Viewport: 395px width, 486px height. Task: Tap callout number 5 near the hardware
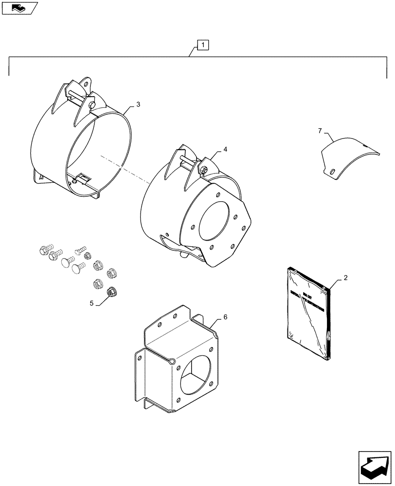coord(91,304)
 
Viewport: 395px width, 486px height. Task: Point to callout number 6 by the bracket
coord(225,317)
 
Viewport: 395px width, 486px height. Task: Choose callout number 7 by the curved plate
coord(320,131)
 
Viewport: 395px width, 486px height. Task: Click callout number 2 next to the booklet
coord(345,278)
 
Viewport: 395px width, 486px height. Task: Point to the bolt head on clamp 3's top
coord(92,104)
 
